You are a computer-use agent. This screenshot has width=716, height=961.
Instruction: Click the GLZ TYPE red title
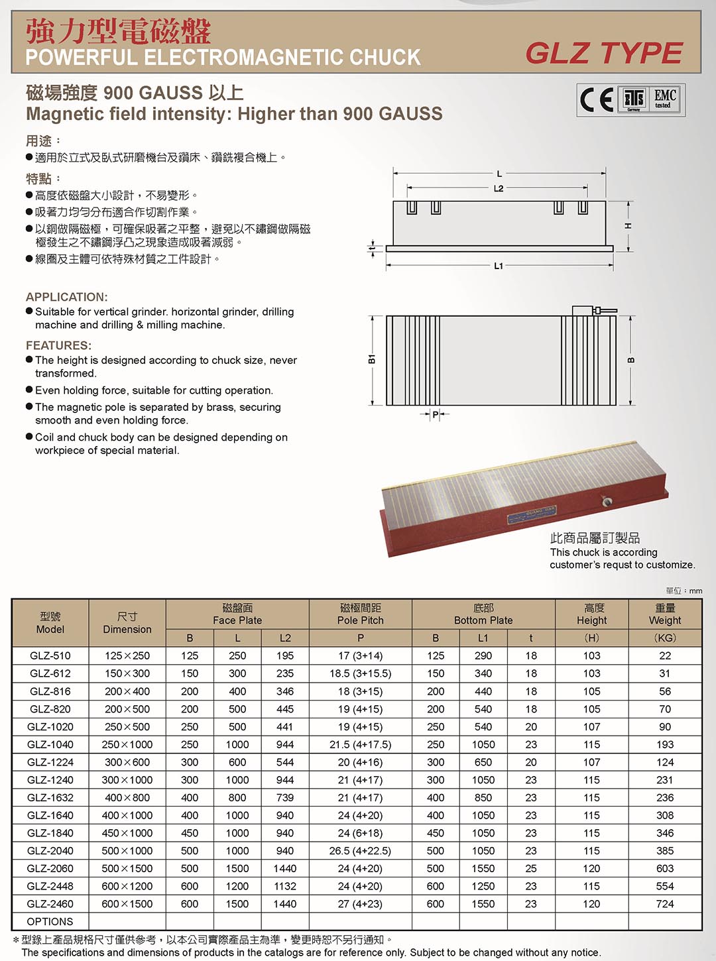click(603, 53)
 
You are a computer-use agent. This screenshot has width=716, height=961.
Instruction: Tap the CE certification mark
click(597, 100)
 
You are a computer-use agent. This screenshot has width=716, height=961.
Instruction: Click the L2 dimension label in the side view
click(499, 188)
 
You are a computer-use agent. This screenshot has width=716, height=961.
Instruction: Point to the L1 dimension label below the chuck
click(499, 266)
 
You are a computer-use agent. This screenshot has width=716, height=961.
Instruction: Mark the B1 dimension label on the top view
click(372, 359)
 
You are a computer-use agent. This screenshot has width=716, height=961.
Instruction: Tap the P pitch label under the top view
click(435, 415)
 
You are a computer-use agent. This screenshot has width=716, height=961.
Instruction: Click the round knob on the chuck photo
click(606, 502)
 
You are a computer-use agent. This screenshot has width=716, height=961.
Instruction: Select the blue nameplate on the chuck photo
click(532, 515)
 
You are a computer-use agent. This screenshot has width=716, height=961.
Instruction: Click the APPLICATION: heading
click(66, 297)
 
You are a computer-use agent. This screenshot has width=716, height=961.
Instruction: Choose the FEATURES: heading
click(58, 345)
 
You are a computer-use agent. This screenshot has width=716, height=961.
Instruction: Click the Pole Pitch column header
click(360, 614)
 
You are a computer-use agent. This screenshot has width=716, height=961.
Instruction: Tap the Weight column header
click(664, 614)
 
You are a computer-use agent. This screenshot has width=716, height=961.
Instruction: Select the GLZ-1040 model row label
click(50, 744)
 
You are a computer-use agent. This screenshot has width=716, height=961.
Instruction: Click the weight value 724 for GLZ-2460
click(664, 903)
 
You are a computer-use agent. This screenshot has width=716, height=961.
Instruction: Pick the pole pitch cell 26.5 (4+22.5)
click(360, 850)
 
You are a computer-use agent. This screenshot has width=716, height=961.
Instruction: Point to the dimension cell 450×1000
click(127, 833)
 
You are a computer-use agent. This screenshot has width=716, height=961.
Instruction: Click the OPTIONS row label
click(50, 921)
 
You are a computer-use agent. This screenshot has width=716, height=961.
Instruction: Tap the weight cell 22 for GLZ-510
click(664, 655)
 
